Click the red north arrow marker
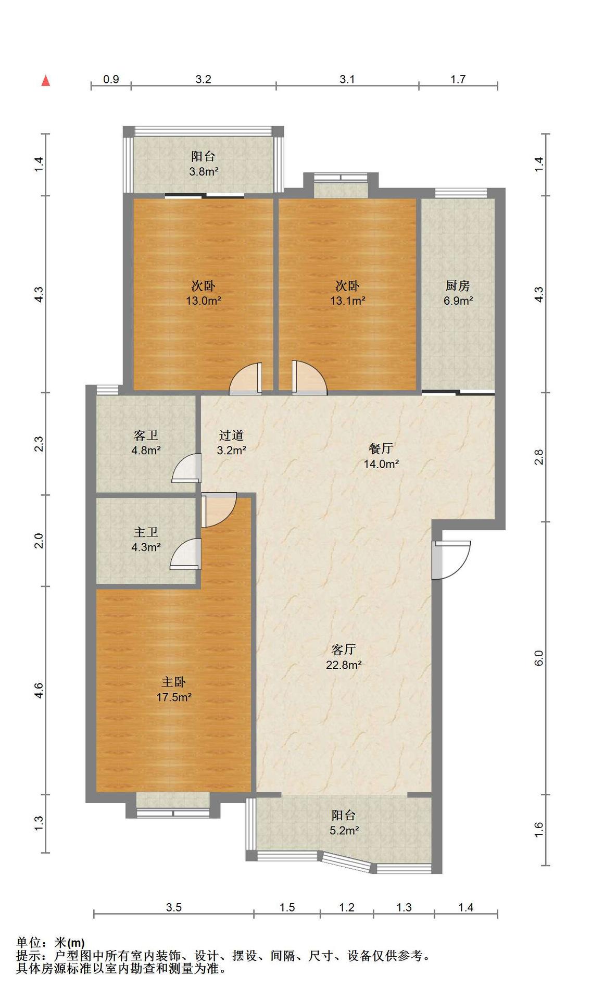(x=46, y=80)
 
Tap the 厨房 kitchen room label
(x=458, y=285)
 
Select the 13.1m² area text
(x=347, y=301)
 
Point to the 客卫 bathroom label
(x=146, y=435)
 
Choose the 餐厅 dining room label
(x=381, y=448)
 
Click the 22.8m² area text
(x=344, y=665)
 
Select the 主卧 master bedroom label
(x=173, y=682)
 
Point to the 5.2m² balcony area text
(x=344, y=830)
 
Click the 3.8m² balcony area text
(x=203, y=171)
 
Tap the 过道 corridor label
(x=231, y=435)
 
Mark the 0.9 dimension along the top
(x=111, y=79)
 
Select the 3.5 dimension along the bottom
(x=174, y=907)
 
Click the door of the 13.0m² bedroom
(x=246, y=379)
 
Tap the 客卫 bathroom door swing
(x=186, y=468)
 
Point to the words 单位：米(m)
(x=50, y=942)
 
